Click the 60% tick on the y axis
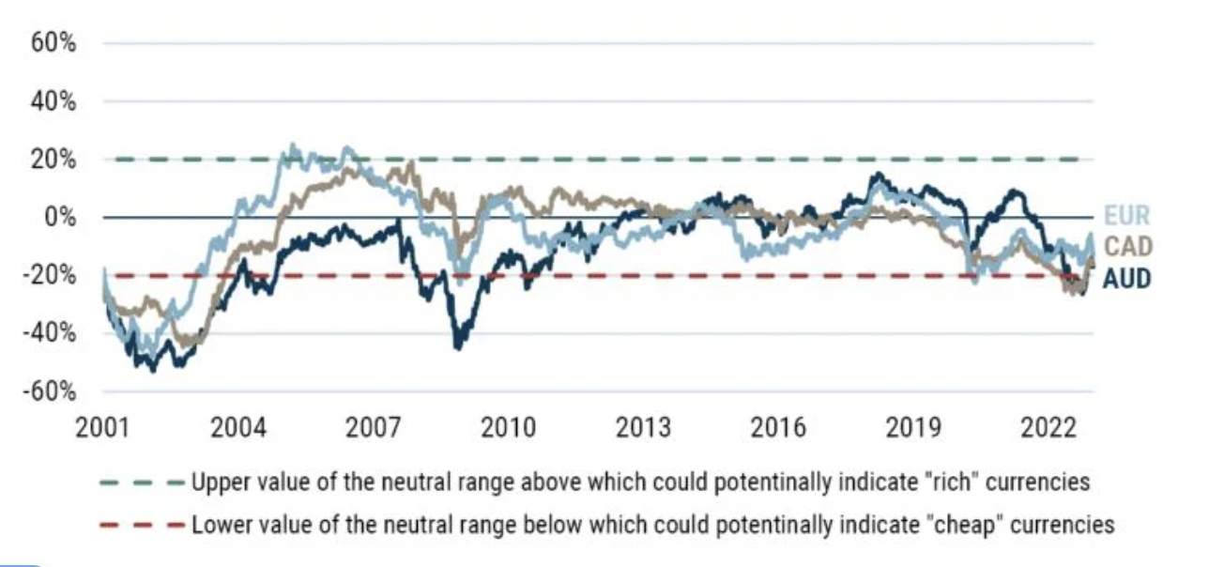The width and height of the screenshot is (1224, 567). coord(55,43)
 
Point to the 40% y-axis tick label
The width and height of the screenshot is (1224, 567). coord(55,101)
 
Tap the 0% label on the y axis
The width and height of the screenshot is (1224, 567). coord(62,218)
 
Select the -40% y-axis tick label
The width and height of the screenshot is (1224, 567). coord(52,333)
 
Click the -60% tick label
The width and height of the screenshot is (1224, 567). coord(52,391)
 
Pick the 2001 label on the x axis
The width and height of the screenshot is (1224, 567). coord(102,428)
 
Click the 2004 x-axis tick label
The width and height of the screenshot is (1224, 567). coord(237,428)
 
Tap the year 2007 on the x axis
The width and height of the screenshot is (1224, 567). coord(373,428)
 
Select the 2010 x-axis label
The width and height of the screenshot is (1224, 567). coord(508,428)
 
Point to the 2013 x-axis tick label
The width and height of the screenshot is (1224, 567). coord(643,428)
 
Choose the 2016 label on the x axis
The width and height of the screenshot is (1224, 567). coord(778,428)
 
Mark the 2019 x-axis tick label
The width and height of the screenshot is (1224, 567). coord(913,428)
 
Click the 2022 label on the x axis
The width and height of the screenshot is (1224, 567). coord(1048,428)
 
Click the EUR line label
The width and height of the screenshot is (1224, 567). coord(1125,217)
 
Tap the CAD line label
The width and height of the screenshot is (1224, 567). coord(1126,248)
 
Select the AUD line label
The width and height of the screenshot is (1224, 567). coord(1126,279)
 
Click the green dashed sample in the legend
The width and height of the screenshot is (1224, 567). coord(141,483)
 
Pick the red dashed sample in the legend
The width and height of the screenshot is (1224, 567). coord(141,524)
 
